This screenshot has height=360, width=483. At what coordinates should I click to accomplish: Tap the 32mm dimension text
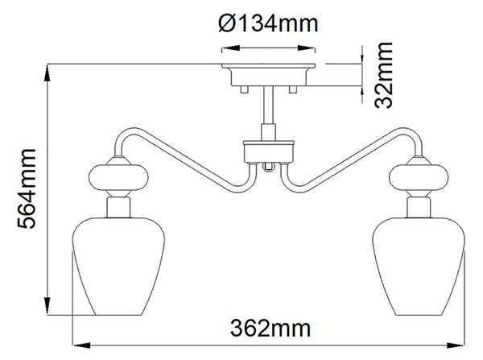pos(383,75)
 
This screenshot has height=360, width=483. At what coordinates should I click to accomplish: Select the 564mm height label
pos(27,188)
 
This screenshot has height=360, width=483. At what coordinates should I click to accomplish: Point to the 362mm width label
pos(270,328)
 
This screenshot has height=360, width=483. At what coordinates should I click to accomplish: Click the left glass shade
pos(118,267)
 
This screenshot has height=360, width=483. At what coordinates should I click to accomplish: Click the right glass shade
pos(419,267)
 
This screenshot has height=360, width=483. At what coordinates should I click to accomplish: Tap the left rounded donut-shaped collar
pos(118,177)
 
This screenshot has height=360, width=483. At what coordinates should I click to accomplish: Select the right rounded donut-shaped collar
pos(419,177)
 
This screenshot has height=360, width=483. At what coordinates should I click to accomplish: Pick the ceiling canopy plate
pos(269,75)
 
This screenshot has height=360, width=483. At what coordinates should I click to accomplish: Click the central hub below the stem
pos(269,151)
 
